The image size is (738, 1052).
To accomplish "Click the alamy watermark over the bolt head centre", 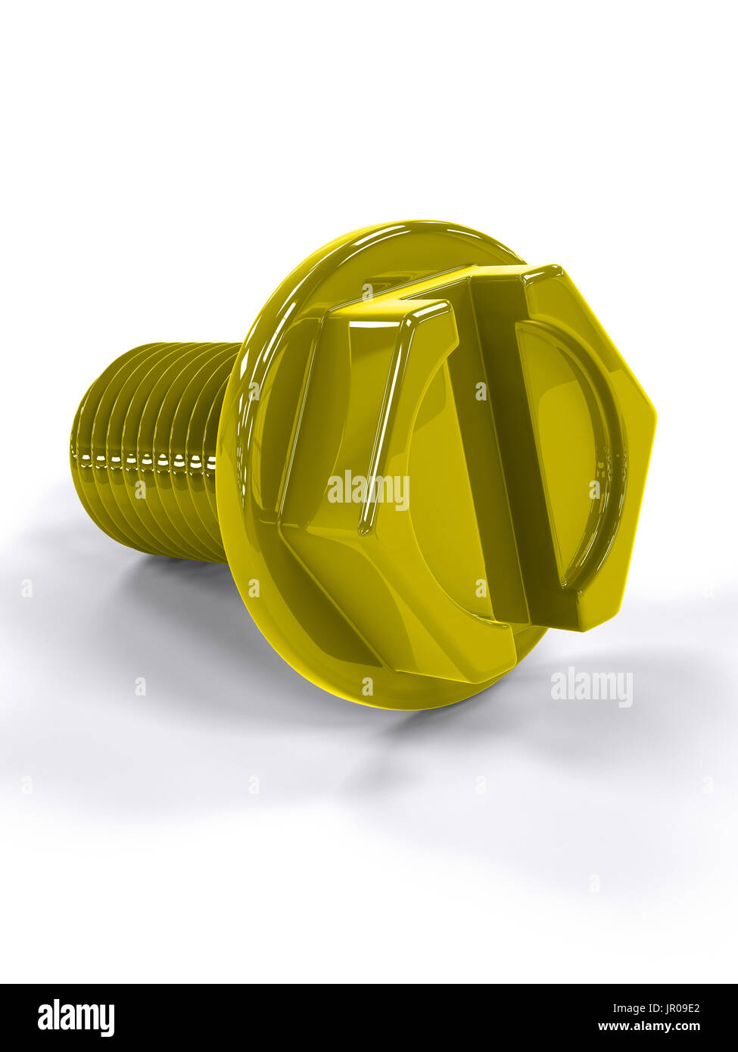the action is [369, 490].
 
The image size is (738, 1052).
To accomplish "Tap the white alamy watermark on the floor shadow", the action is [591, 687].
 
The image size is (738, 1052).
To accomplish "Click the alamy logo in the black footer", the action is [76, 1017].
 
